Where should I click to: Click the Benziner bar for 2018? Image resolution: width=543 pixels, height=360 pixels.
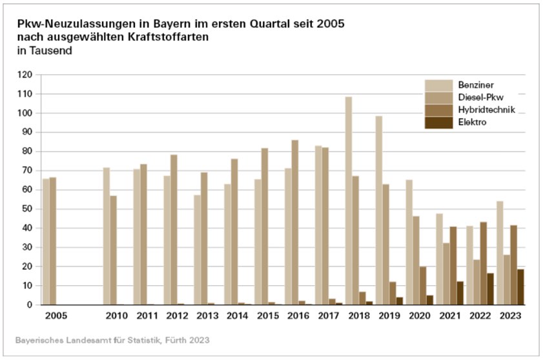(348, 201)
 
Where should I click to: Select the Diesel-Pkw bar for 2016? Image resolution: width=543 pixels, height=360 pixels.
(295, 222)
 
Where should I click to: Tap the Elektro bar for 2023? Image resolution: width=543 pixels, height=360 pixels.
(520, 286)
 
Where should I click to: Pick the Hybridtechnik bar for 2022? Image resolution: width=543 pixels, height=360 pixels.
(483, 263)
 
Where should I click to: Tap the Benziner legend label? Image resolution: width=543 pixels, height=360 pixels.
(476, 85)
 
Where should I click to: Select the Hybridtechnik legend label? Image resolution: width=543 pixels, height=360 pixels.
(486, 110)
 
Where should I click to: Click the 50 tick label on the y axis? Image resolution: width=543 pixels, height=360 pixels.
(26, 209)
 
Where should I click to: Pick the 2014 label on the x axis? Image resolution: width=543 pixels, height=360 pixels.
(238, 316)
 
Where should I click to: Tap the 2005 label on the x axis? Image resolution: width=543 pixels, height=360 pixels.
(56, 316)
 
